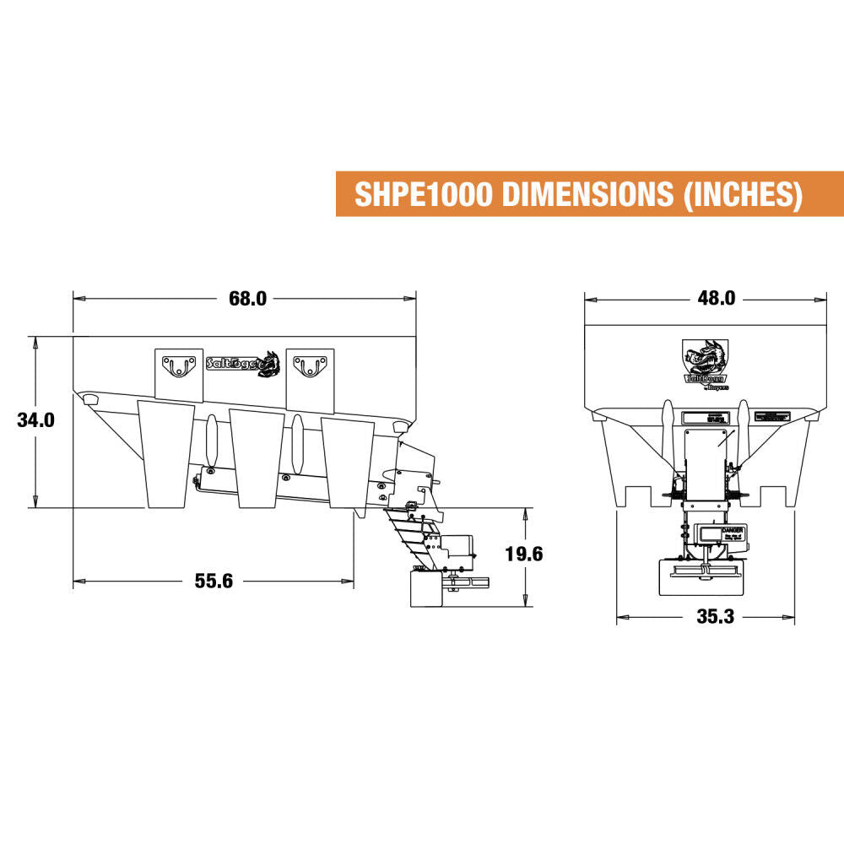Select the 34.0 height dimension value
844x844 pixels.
coord(36,419)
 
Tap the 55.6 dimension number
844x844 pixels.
coord(214,581)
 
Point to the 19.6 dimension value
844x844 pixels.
coord(522,554)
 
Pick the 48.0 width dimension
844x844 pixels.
coord(717,298)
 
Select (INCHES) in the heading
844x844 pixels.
coord(739,194)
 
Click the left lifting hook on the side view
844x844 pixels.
coord(178,366)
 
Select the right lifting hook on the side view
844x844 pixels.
coord(309,366)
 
